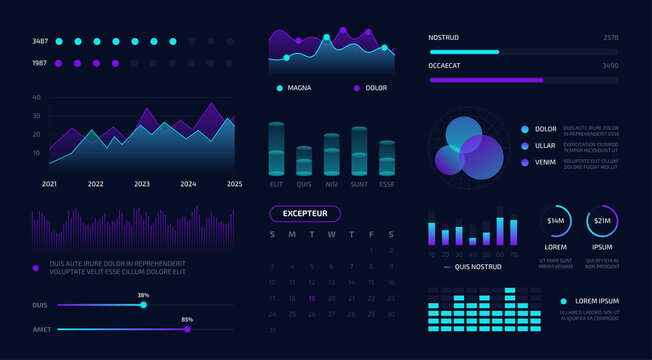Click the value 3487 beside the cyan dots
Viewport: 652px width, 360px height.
point(40,42)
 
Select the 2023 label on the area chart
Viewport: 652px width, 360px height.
point(142,184)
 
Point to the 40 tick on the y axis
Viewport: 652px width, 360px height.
point(36,98)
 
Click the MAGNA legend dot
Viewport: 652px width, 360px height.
point(279,88)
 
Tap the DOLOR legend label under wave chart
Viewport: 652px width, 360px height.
point(376,88)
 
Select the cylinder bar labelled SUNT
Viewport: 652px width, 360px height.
point(359,152)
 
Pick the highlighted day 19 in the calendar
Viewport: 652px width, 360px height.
point(312,298)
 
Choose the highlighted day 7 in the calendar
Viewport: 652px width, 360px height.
point(351,267)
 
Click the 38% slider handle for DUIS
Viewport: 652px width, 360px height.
point(143,305)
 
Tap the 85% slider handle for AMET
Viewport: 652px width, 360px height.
point(187,328)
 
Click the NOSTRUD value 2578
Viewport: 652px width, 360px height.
point(611,37)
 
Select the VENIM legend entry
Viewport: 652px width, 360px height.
point(545,162)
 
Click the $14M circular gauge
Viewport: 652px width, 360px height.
point(556,221)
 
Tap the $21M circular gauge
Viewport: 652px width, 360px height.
point(603,221)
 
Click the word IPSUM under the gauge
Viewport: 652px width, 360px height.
point(603,246)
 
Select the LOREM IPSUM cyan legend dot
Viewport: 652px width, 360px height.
point(564,301)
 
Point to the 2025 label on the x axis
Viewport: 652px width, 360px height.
point(234,184)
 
